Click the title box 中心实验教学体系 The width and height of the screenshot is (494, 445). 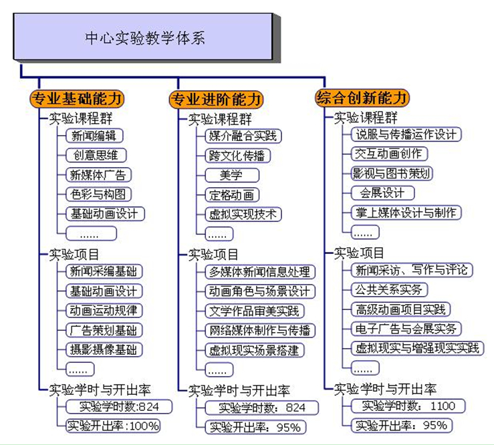click(x=142, y=36)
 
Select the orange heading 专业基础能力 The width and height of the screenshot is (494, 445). click(x=77, y=99)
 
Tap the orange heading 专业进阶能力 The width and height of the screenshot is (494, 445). click(x=216, y=100)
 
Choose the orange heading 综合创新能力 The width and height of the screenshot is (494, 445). click(x=362, y=98)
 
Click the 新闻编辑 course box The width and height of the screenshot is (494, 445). click(x=94, y=136)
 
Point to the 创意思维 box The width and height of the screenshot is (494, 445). click(x=96, y=155)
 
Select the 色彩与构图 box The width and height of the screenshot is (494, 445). click(x=98, y=194)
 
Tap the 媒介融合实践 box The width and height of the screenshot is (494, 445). click(x=243, y=136)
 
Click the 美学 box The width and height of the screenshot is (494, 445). click(x=232, y=175)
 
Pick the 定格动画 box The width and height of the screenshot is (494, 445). click(x=232, y=195)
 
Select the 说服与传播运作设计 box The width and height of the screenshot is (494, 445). click(x=406, y=134)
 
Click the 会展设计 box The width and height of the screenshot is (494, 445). click(x=382, y=192)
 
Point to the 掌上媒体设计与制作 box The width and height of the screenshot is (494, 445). click(x=406, y=212)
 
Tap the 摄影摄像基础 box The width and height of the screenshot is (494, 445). click(x=104, y=349)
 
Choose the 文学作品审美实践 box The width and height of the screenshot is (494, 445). click(x=255, y=311)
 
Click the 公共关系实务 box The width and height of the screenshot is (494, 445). click(x=389, y=290)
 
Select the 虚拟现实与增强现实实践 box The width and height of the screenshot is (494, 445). click(x=417, y=348)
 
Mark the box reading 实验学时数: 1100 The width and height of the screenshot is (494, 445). click(x=408, y=406)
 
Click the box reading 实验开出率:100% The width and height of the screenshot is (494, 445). click(x=113, y=426)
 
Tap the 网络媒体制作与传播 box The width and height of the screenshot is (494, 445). click(x=260, y=331)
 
